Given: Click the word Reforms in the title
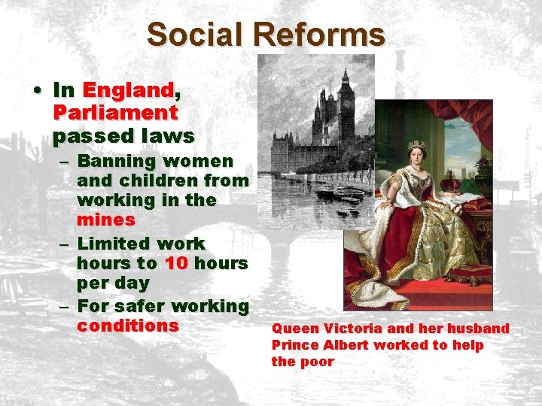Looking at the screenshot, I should [319, 35].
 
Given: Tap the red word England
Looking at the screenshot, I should [128, 90].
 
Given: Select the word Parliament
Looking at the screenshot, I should [115, 113].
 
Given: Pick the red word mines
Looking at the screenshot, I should [105, 220].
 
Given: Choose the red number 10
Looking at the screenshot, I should [175, 264].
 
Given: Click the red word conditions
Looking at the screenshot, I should [127, 326].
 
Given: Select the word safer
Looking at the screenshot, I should [142, 305].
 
